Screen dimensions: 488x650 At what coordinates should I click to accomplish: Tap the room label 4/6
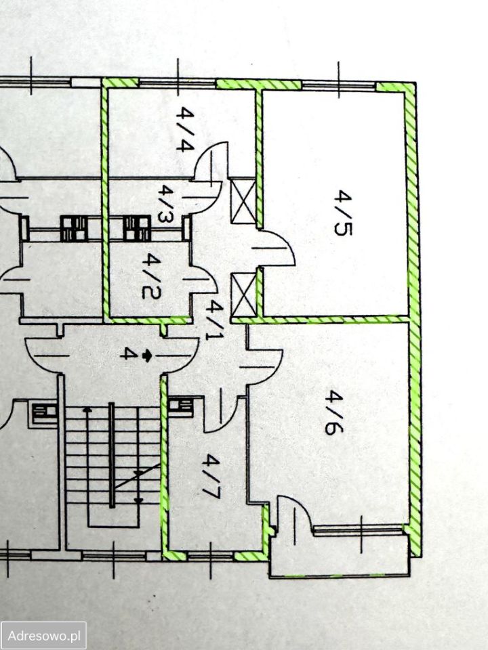334,412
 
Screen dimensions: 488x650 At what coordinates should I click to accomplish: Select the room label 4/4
184,129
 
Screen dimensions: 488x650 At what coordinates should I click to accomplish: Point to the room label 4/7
211,476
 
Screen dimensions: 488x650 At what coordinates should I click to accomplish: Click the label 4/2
150,276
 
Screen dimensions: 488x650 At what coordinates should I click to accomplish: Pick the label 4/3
166,204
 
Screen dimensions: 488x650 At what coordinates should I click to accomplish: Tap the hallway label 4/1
215,320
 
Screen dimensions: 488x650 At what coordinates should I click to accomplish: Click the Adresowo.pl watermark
43,635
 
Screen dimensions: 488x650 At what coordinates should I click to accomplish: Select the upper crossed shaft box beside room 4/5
243,201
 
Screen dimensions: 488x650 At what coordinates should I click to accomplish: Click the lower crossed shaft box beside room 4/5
244,295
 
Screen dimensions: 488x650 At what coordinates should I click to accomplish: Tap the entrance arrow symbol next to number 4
146,355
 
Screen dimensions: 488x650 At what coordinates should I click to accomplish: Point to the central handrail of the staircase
111,455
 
